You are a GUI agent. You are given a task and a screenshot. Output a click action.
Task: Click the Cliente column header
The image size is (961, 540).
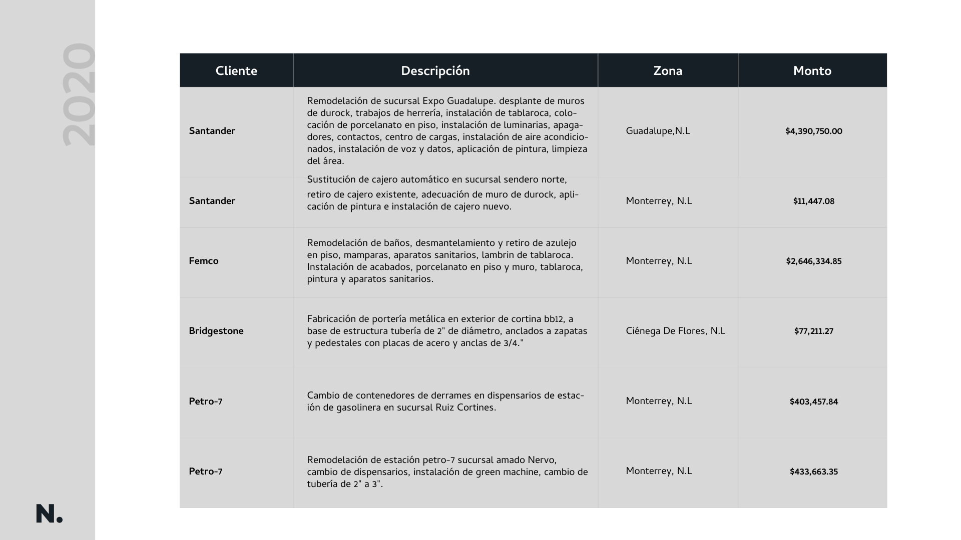click(236, 71)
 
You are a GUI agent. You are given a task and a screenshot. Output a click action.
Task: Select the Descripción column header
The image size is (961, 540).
click(435, 71)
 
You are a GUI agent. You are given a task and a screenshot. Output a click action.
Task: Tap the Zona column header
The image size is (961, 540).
click(668, 71)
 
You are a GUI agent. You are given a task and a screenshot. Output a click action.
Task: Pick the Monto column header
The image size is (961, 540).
click(812, 71)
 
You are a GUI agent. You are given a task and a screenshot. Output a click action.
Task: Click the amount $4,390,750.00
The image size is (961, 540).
click(813, 131)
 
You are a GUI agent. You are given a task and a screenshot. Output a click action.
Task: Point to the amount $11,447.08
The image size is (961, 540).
click(813, 201)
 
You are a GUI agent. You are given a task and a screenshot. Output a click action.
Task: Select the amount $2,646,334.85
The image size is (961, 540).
click(813, 261)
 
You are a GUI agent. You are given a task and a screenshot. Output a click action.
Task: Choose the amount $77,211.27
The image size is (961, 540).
click(813, 331)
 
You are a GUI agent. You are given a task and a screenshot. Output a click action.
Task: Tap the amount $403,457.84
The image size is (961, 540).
click(813, 402)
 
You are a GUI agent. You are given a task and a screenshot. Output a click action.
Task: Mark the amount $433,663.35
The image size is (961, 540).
click(813, 472)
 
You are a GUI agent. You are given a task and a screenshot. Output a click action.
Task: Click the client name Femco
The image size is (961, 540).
click(204, 261)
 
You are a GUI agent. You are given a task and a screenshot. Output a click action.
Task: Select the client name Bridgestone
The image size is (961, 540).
click(216, 331)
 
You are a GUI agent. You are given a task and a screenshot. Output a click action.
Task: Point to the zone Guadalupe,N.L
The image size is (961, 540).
click(658, 131)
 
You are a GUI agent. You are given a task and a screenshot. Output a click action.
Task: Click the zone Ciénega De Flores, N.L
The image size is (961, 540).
click(675, 331)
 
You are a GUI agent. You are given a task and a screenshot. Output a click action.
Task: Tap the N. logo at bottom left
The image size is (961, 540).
click(49, 514)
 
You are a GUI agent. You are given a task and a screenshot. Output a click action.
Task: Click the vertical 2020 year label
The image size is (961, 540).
click(79, 95)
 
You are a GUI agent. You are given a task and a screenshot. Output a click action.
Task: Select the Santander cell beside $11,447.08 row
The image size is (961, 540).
click(212, 201)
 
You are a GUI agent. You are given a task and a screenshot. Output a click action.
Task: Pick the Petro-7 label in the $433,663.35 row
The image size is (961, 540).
click(206, 471)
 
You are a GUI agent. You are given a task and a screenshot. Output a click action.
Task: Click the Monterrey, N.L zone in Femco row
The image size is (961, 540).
click(659, 261)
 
